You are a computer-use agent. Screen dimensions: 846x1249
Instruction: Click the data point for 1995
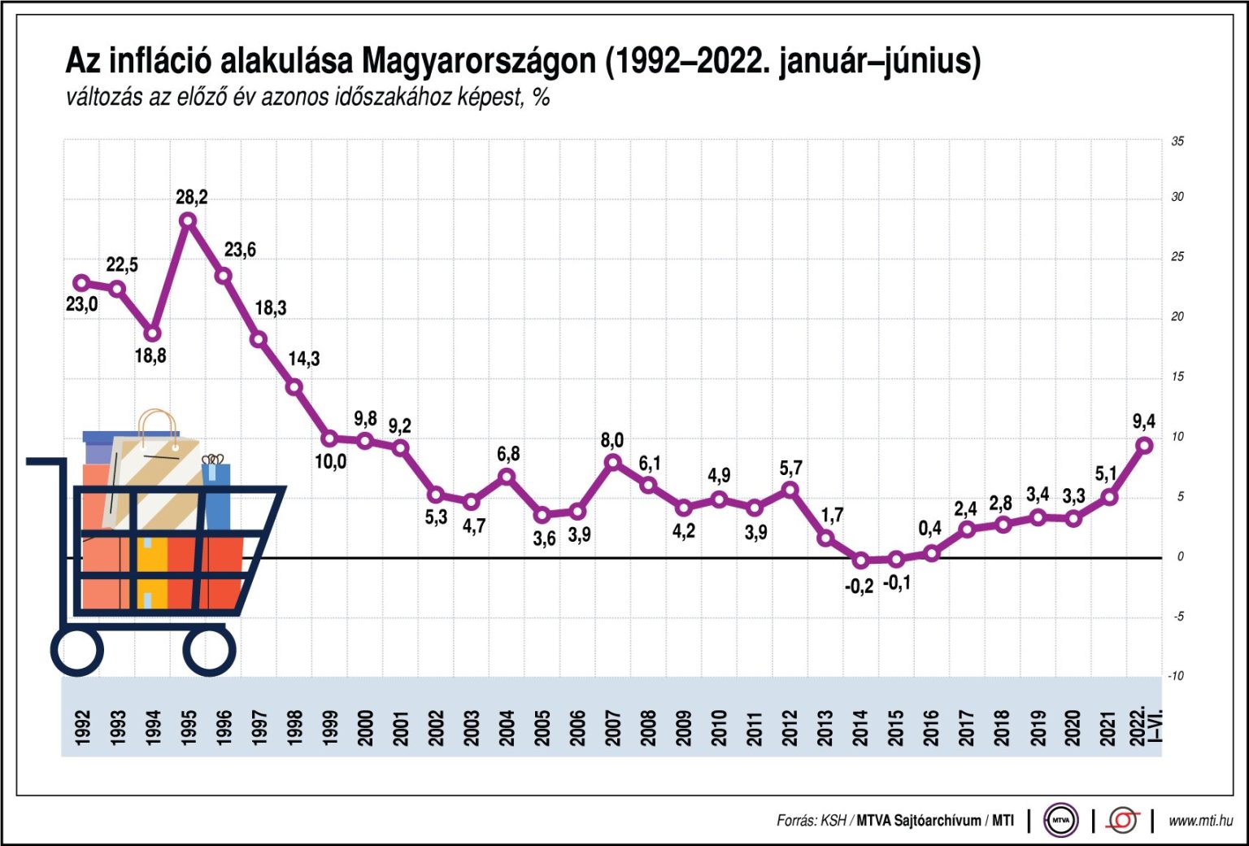click(x=188, y=220)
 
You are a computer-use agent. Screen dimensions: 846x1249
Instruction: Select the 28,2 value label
click(x=192, y=197)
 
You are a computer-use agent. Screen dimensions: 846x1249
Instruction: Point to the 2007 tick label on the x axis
click(x=613, y=727)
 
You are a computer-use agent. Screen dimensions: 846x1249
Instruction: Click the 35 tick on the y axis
click(x=1177, y=142)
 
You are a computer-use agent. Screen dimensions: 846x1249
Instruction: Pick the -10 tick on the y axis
click(x=1175, y=676)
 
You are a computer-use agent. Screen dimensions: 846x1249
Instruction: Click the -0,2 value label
click(x=859, y=586)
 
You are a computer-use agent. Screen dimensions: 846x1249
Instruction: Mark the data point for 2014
click(x=861, y=560)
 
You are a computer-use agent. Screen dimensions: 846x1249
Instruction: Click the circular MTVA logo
click(x=1061, y=820)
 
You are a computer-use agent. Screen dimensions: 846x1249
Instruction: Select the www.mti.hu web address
click(x=1200, y=821)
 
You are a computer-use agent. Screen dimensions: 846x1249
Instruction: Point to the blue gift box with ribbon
click(x=216, y=494)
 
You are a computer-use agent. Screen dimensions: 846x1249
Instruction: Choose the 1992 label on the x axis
click(x=82, y=727)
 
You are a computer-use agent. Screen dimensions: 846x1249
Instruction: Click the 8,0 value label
click(x=612, y=440)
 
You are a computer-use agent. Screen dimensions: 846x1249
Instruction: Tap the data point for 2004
click(x=507, y=477)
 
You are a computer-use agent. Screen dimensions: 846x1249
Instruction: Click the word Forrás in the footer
click(x=796, y=821)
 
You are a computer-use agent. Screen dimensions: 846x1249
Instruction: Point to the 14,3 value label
click(x=304, y=359)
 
